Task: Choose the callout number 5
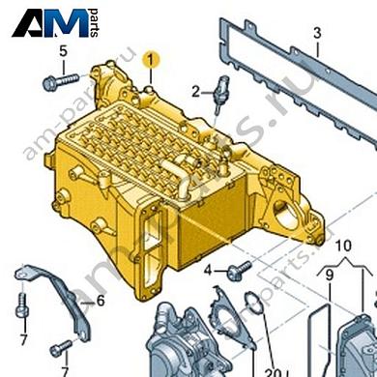[x=63, y=50]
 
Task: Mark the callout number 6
[x=99, y=301]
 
